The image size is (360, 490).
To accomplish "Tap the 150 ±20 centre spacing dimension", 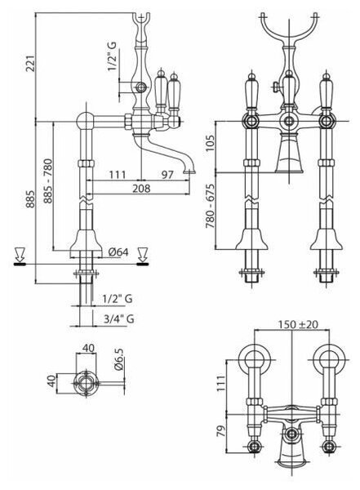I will (x=297, y=325).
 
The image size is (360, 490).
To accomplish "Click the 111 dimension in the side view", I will (x=117, y=175).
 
